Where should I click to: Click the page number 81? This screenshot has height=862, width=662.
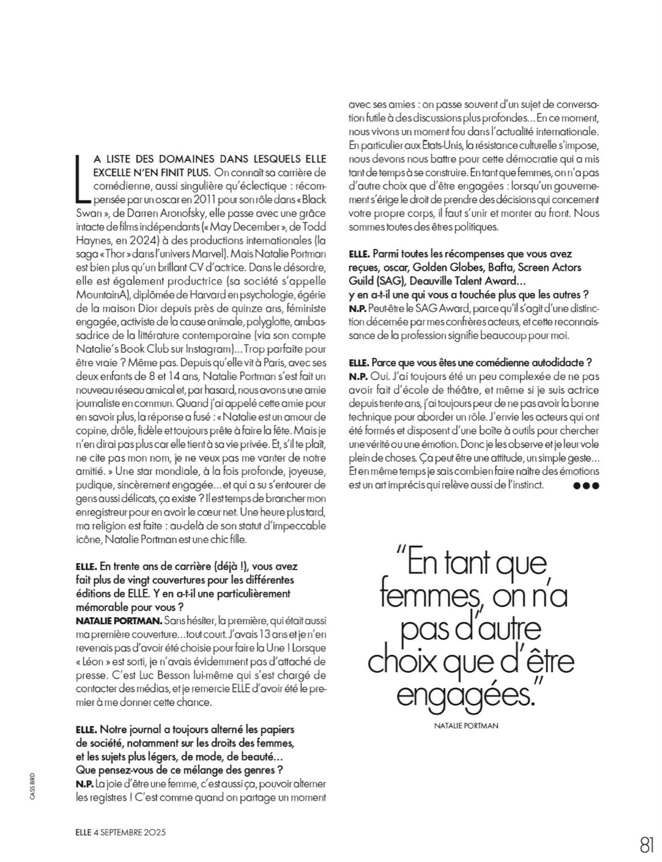click(x=646, y=844)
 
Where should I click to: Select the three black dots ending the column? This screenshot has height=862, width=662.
click(x=587, y=485)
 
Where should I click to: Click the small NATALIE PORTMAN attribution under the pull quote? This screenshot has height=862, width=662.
click(x=466, y=726)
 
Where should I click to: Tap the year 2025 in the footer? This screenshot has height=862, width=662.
click(x=152, y=832)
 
